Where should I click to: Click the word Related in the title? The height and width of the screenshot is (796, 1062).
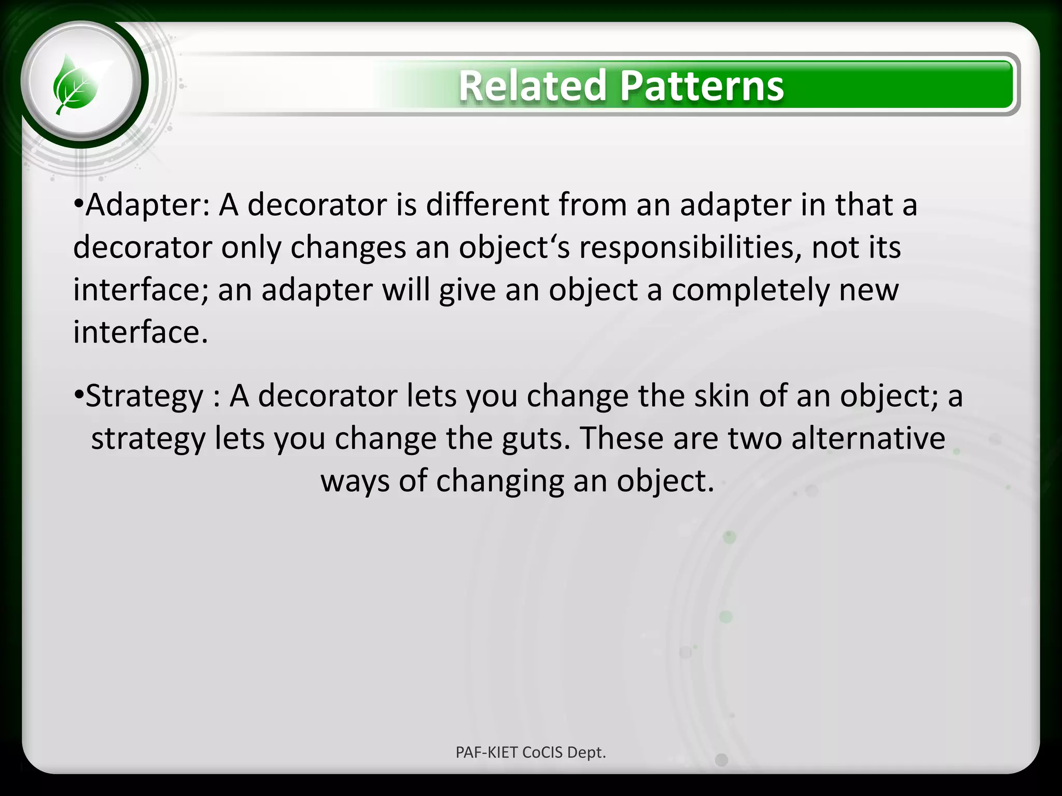point(532,86)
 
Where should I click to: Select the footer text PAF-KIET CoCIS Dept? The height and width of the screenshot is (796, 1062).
point(530,752)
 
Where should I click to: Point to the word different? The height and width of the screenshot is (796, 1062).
point(487,204)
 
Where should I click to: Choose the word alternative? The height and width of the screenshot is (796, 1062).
point(868,438)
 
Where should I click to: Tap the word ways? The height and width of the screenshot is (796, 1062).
point(355,481)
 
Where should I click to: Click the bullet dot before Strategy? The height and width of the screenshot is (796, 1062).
point(78,396)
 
